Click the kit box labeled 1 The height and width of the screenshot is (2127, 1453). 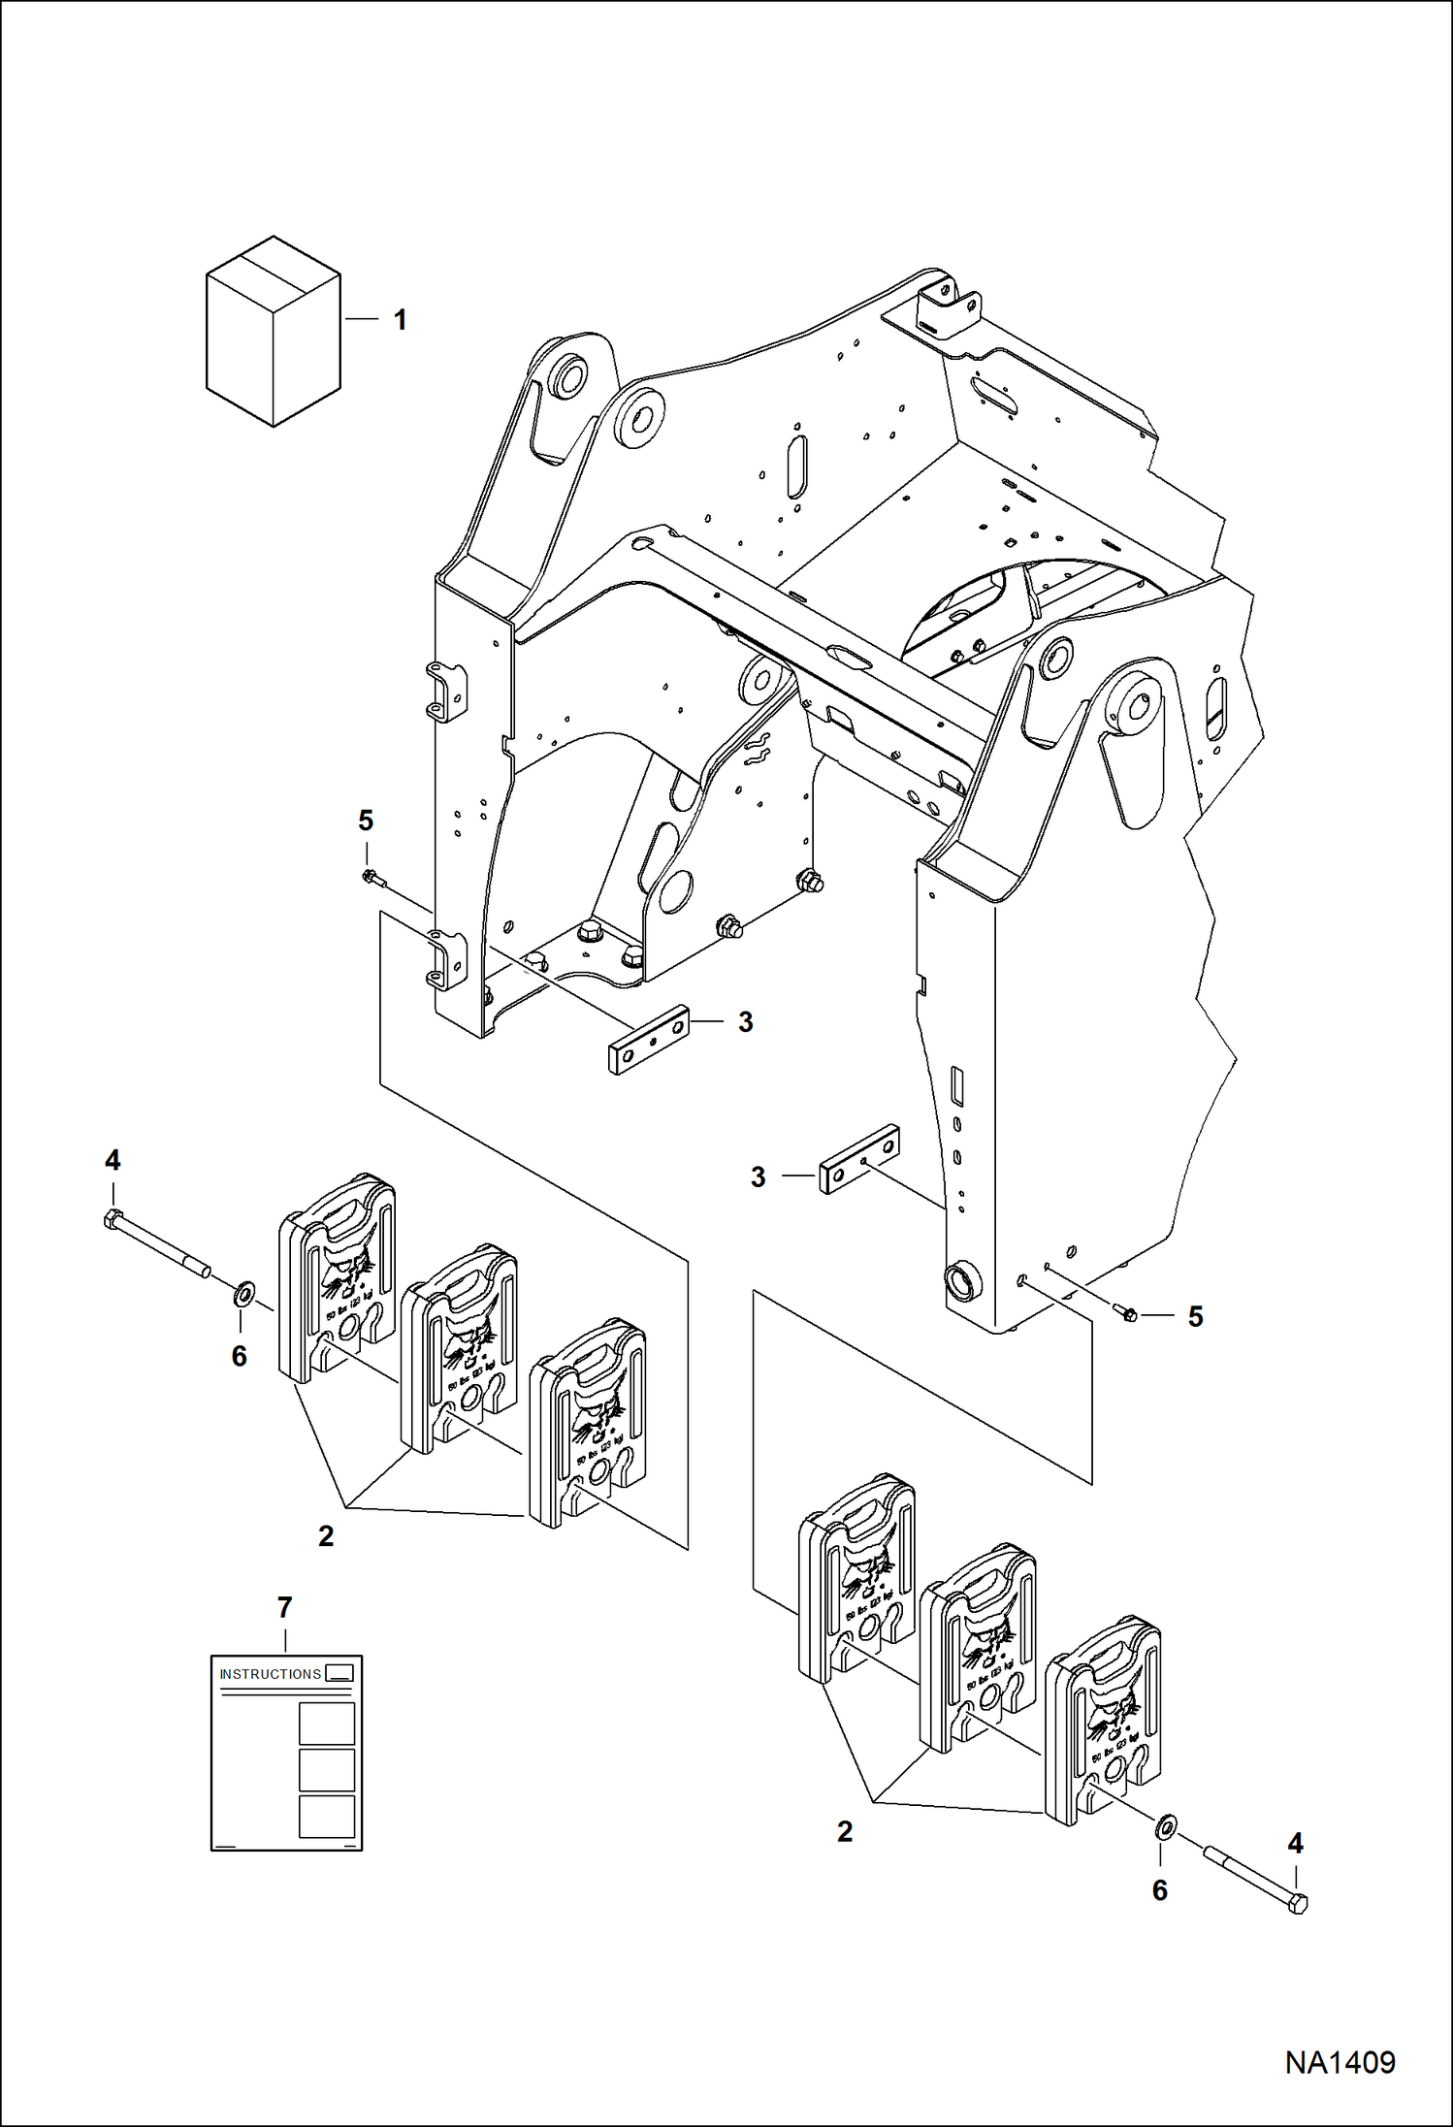(274, 332)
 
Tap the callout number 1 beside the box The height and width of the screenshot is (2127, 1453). (400, 320)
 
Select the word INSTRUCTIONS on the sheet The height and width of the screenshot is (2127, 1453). (270, 1674)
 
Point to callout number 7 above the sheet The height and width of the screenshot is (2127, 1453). (284, 1608)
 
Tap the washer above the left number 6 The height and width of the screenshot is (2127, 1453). (243, 1292)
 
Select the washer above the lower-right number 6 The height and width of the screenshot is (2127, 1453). (1165, 1828)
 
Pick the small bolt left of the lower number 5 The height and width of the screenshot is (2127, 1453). (1127, 1314)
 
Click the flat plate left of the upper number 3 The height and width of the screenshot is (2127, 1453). (648, 1040)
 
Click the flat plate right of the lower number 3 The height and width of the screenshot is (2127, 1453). (859, 1159)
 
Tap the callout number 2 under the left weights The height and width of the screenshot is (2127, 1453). (326, 1535)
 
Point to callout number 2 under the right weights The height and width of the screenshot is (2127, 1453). (845, 1831)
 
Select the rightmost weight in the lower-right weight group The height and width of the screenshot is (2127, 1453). (1101, 1720)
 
